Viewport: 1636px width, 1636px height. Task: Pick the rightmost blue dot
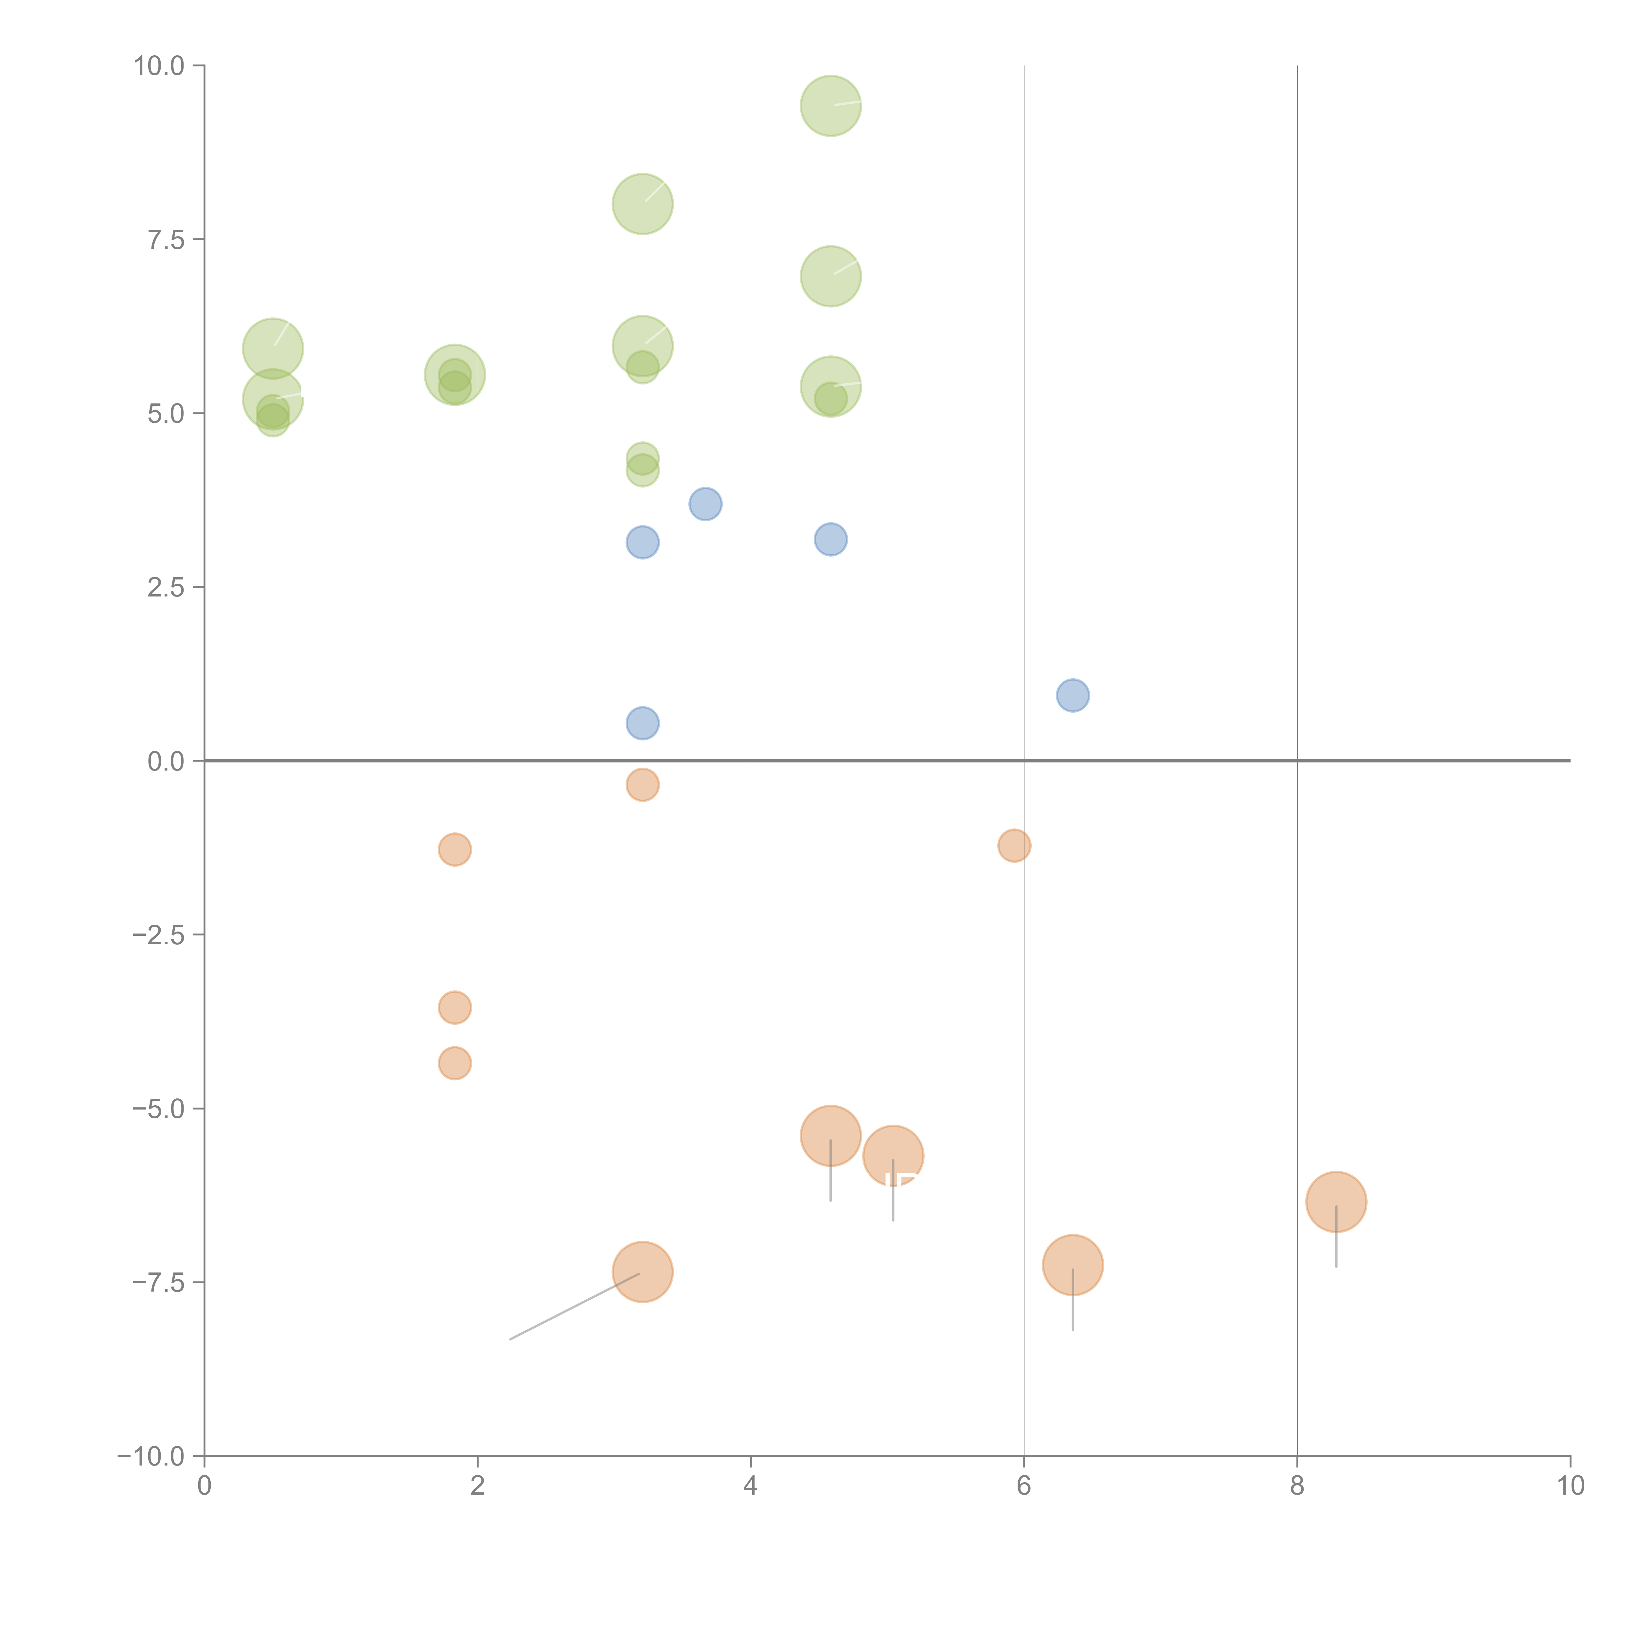(x=1073, y=695)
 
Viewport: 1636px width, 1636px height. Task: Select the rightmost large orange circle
(x=1336, y=1201)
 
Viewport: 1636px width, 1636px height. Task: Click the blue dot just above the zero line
(x=643, y=723)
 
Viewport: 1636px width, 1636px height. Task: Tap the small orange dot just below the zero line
(x=643, y=785)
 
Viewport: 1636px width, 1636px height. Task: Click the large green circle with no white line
(x=455, y=375)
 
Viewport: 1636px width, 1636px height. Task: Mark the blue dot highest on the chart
(x=705, y=505)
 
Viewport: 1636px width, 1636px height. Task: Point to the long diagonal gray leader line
(x=574, y=1307)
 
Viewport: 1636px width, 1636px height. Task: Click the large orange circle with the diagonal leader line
(x=643, y=1272)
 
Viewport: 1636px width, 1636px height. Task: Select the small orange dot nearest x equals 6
(x=1014, y=845)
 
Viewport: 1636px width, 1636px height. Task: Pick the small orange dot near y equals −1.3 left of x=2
(x=455, y=849)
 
